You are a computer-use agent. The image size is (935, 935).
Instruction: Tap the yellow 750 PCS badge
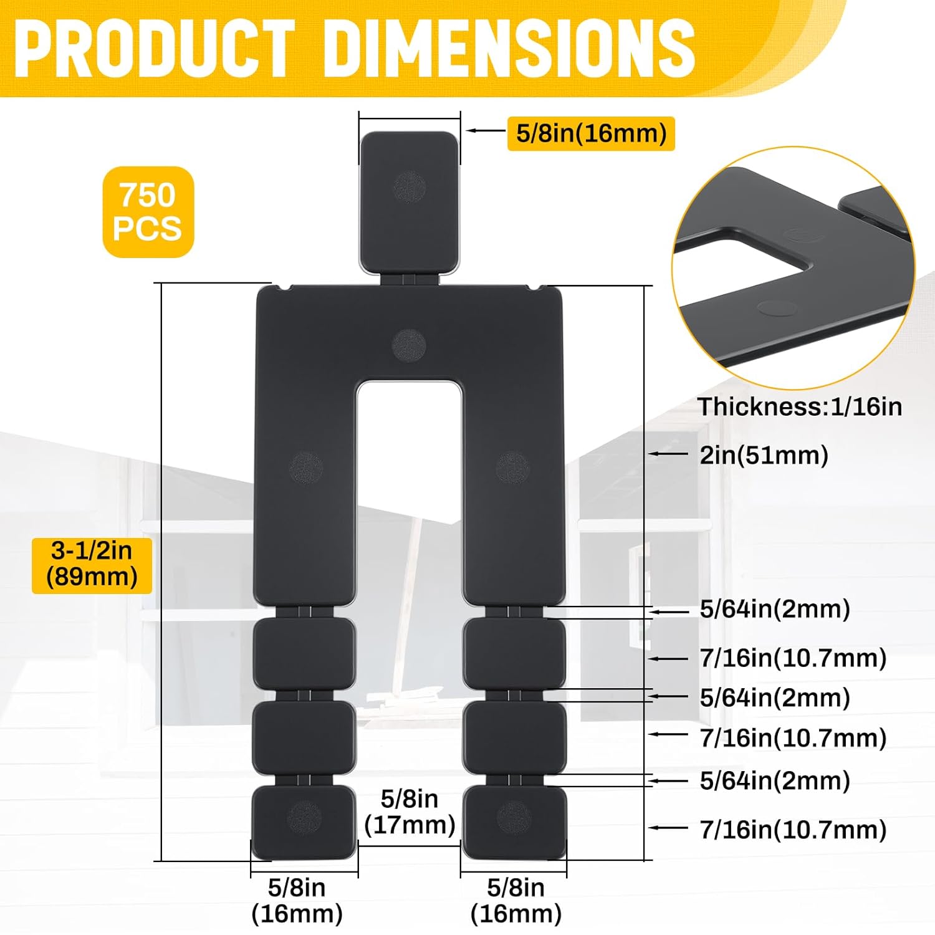[148, 212]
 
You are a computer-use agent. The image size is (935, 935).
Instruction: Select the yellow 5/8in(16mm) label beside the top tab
[591, 133]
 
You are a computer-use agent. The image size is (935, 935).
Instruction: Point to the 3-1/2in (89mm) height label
[92, 564]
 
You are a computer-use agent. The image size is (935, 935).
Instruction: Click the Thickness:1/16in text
[800, 407]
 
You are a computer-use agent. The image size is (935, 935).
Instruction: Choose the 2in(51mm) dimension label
[764, 455]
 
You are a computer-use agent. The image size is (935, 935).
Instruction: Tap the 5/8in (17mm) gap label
[410, 812]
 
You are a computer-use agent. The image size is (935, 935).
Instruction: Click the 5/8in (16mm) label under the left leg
[297, 901]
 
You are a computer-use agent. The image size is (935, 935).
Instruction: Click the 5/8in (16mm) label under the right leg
[515, 901]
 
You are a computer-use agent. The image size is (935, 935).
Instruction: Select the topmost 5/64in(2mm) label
[775, 609]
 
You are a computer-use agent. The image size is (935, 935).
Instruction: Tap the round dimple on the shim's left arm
[307, 467]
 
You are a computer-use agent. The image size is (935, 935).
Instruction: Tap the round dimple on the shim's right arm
[512, 467]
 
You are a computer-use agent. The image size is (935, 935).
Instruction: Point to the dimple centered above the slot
[409, 345]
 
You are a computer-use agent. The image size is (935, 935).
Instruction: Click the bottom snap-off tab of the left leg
[304, 821]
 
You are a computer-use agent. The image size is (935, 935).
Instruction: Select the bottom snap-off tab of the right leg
[514, 821]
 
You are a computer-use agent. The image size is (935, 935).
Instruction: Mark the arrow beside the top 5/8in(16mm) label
[486, 131]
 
